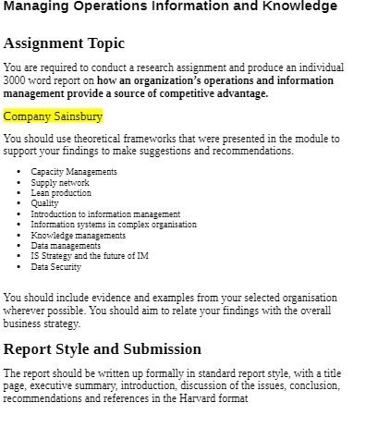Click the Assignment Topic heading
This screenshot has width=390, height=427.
(x=64, y=43)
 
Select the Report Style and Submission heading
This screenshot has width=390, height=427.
(x=103, y=349)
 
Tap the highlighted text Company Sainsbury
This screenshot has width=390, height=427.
(x=53, y=116)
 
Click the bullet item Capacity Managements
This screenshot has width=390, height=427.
(x=73, y=172)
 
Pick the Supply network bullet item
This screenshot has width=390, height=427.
(x=60, y=183)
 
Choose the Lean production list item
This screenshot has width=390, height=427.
(x=61, y=193)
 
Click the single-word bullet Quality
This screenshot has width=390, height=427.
(x=44, y=203)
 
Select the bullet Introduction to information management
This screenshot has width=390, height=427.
(x=105, y=214)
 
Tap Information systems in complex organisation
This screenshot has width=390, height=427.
(x=113, y=225)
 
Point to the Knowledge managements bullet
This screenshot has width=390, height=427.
(x=78, y=236)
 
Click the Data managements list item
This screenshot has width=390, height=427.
(x=66, y=246)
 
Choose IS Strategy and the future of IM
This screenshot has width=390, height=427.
(x=89, y=256)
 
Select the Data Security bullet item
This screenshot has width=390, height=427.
(x=55, y=267)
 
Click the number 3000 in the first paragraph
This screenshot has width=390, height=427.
(x=15, y=80)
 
